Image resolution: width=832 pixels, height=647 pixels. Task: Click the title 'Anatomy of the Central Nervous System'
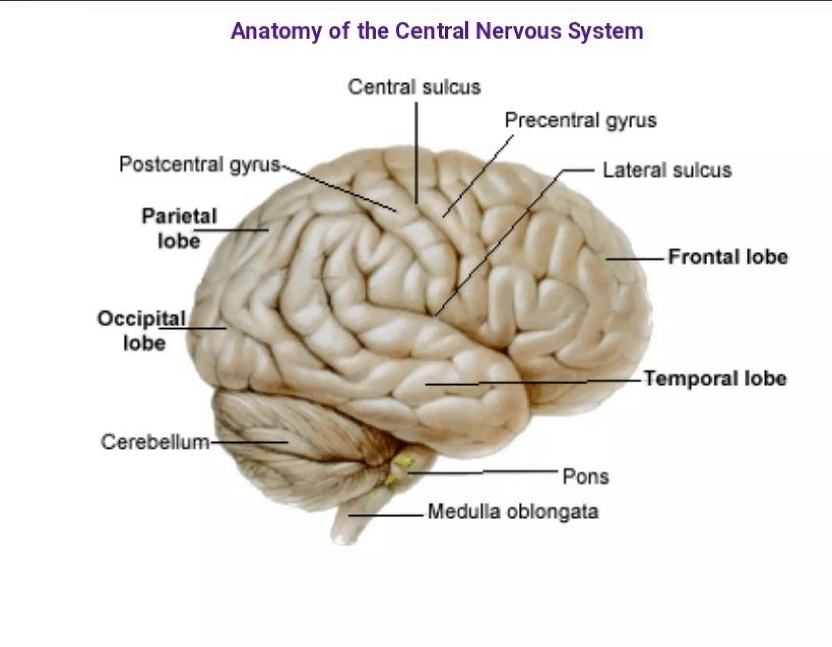[x=437, y=31]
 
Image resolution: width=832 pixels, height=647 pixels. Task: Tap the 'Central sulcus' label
[x=414, y=87]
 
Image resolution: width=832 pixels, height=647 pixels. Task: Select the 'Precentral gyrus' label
[x=580, y=121]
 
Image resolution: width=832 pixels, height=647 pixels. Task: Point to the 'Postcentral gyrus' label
[x=199, y=165]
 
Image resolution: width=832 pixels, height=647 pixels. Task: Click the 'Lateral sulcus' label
[x=667, y=170]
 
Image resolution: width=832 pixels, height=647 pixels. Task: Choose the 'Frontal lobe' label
[x=728, y=257]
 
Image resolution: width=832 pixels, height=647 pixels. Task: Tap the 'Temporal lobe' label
[x=715, y=379]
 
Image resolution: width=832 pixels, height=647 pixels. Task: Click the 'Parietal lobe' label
[x=179, y=228]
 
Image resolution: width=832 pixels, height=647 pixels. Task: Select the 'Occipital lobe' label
[x=142, y=330]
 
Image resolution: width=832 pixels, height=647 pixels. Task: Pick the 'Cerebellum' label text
[x=155, y=442]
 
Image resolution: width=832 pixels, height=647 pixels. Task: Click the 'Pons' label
[x=585, y=477]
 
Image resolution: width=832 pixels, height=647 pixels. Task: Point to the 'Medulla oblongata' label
[x=513, y=511]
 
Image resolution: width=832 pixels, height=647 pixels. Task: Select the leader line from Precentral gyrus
[x=479, y=175]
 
